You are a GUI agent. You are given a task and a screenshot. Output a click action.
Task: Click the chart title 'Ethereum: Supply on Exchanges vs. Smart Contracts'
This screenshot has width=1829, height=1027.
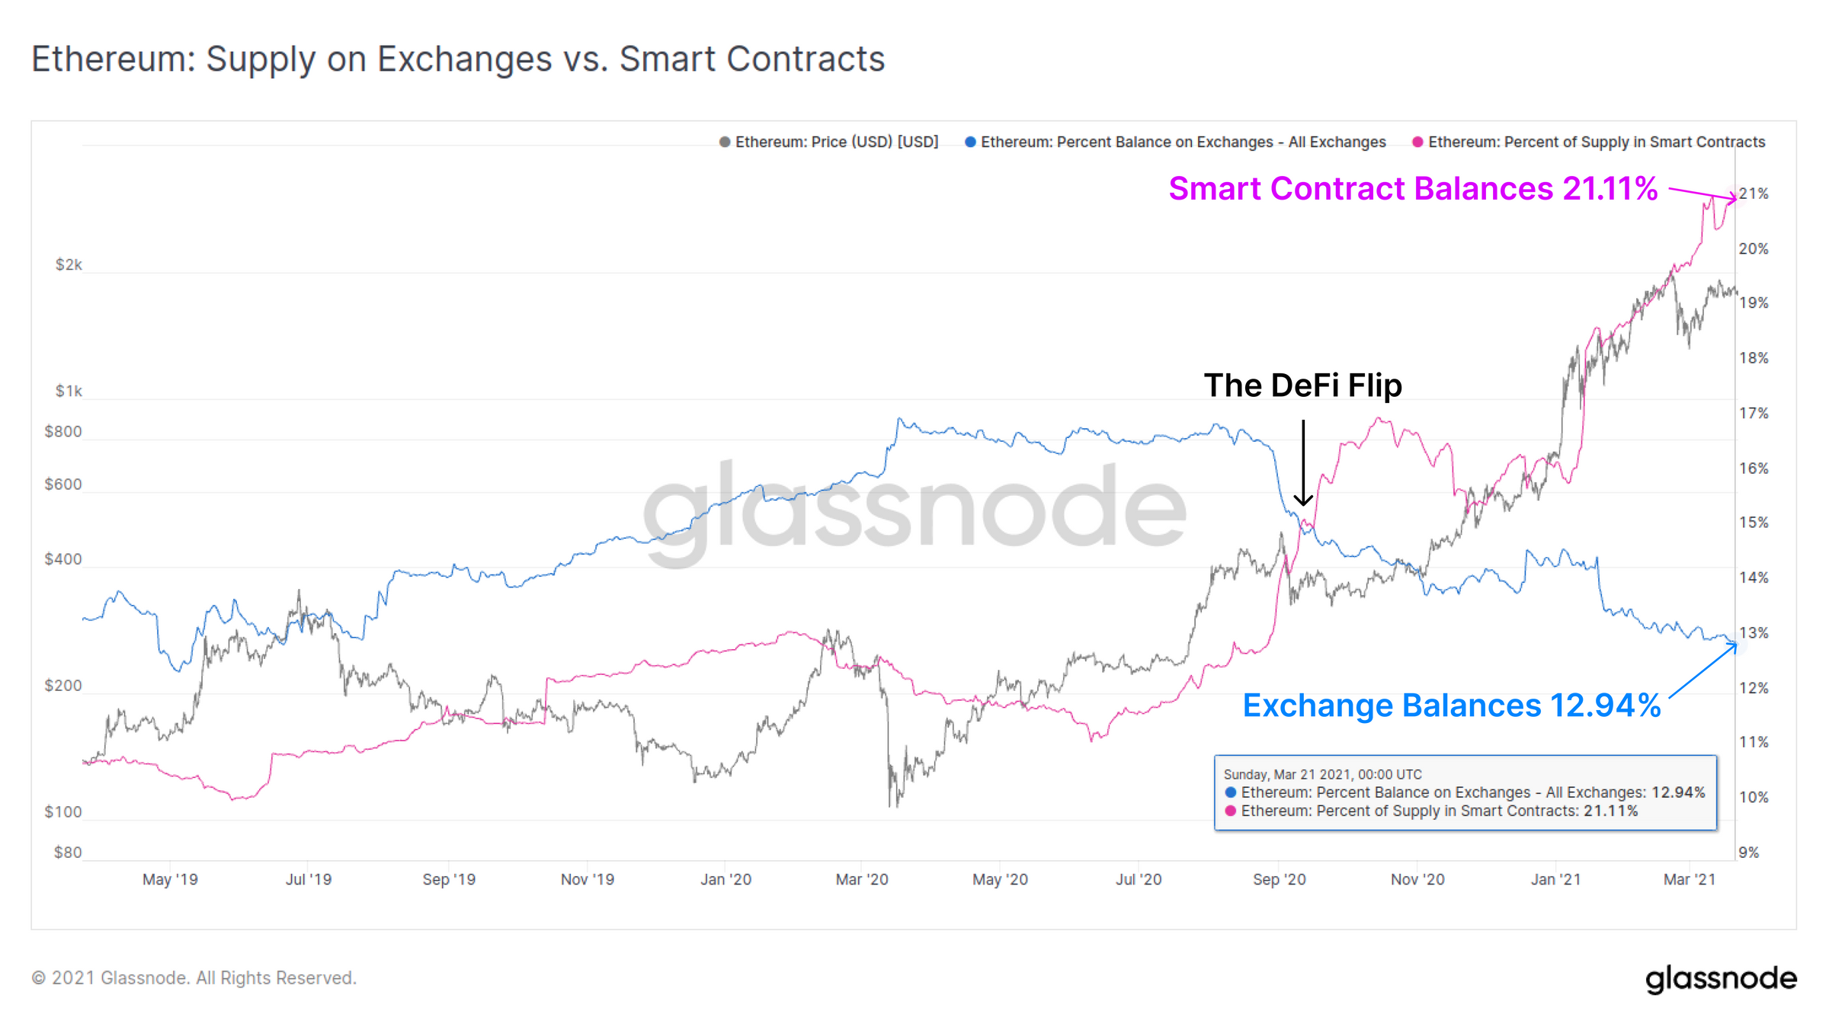458,59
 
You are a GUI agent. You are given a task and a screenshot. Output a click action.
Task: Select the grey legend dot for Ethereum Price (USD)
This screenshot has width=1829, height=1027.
725,142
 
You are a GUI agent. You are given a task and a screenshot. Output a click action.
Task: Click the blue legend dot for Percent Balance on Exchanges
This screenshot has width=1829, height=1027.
970,142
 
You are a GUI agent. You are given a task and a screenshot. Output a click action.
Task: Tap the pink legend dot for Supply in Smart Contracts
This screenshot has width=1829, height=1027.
1417,142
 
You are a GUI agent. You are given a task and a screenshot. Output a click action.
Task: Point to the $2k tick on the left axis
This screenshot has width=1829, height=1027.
69,264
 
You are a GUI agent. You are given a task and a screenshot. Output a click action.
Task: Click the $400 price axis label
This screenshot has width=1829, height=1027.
63,559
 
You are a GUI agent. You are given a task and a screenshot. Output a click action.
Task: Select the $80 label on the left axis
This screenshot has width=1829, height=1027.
68,852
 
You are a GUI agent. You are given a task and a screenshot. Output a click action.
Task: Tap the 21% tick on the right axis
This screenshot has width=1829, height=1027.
1754,194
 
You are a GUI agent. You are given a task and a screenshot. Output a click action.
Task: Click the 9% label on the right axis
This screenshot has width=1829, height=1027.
1749,853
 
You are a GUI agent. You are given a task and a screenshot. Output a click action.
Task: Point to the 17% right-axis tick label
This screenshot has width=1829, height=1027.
1754,413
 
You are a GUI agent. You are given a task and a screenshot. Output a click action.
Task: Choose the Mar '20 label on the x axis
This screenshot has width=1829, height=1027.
862,879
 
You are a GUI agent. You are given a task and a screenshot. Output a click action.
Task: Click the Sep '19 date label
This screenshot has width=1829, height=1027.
449,879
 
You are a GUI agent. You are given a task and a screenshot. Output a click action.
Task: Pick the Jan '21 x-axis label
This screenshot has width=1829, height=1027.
1556,879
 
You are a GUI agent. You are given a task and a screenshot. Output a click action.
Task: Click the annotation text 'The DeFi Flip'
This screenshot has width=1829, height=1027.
1302,386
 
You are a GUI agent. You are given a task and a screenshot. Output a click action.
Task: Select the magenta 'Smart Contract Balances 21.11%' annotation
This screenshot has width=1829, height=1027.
1413,188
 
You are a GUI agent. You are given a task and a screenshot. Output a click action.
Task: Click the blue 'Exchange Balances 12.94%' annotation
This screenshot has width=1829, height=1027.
1452,705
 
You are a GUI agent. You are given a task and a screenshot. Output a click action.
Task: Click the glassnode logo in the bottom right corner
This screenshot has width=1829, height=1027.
1721,979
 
